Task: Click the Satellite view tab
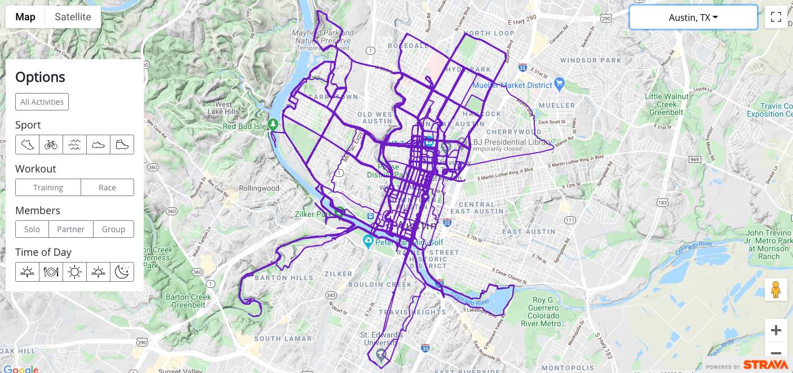pos(73,17)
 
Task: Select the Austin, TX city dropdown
pos(693,17)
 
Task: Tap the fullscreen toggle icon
pos(776,17)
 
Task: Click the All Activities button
pos(42,102)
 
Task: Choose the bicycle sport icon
pos(51,145)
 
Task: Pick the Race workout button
pos(107,188)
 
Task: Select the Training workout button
pos(48,188)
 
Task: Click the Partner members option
pos(70,229)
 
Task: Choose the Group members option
pos(113,229)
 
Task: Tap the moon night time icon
pos(122,272)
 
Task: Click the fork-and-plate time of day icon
pos(51,272)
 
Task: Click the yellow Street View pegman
pos(776,289)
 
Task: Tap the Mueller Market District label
pos(512,85)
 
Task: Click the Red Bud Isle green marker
pos(273,123)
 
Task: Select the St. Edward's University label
pos(382,339)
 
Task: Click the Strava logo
pos(765,365)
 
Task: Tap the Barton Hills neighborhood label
pos(283,278)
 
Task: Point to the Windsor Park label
pos(590,60)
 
